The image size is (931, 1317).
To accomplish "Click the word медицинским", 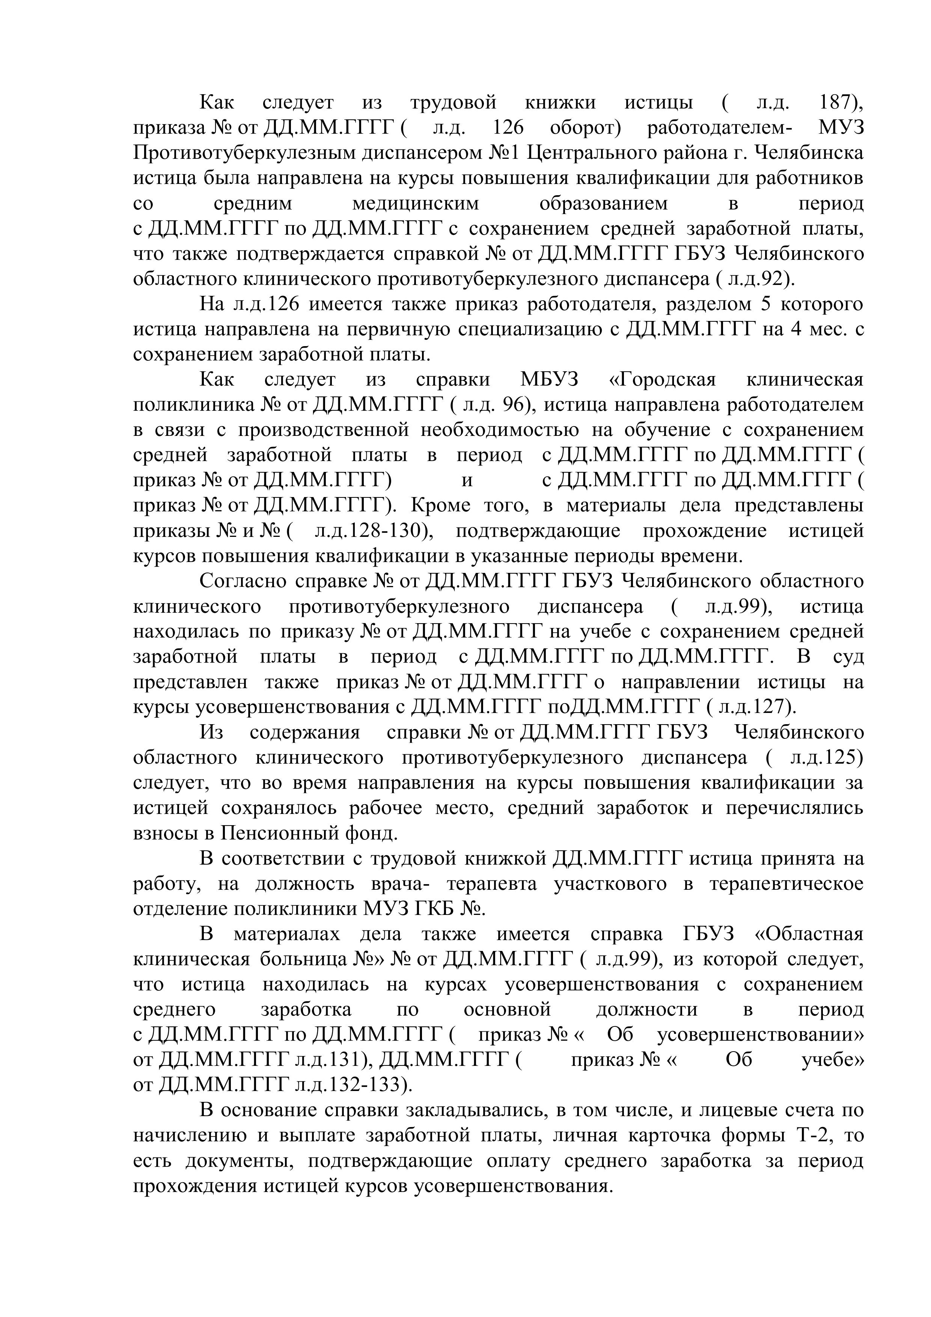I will pos(415,203).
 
